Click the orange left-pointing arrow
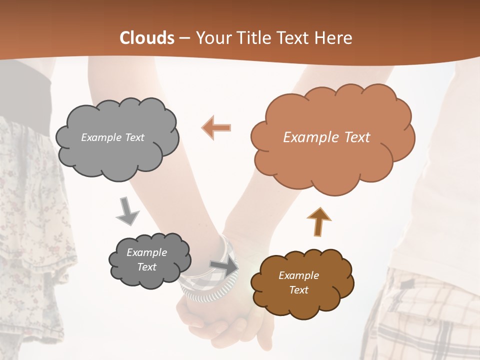pos(216,127)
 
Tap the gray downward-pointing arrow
pos(127,210)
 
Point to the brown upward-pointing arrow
pos(318,221)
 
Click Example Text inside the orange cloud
pos(326,137)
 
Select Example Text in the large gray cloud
pos(112,137)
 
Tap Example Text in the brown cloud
pos(298,282)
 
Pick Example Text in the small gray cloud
pos(146,259)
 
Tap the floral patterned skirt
pos(30,210)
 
